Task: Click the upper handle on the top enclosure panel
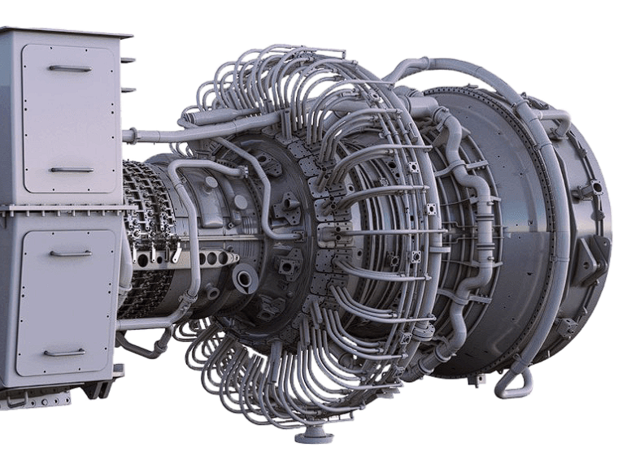pyautogui.click(x=70, y=68)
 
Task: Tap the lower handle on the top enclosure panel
pyautogui.click(x=72, y=170)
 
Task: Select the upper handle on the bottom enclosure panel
pyautogui.click(x=70, y=253)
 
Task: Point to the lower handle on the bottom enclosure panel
pyautogui.click(x=64, y=353)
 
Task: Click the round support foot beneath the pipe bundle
pyautogui.click(x=313, y=436)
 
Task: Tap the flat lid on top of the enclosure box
pyautogui.click(x=65, y=32)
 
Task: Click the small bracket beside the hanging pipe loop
pyautogui.click(x=480, y=379)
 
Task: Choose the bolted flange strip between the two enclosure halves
pyautogui.click(x=61, y=210)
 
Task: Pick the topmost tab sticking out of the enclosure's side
pyautogui.click(x=128, y=59)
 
